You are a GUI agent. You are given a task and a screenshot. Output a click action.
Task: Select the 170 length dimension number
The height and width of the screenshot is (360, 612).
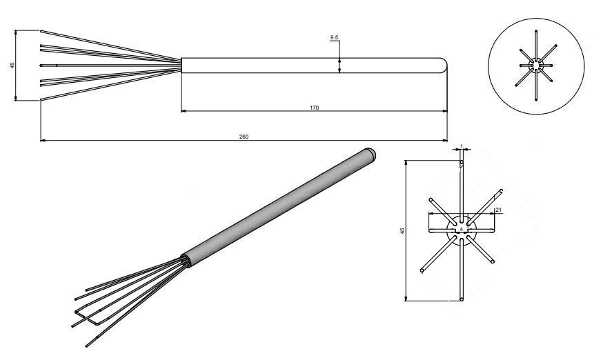(314, 108)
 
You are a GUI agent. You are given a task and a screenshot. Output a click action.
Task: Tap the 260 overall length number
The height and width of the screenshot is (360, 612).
(244, 137)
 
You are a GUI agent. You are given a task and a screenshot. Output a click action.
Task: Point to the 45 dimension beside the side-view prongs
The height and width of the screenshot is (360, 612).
(12, 66)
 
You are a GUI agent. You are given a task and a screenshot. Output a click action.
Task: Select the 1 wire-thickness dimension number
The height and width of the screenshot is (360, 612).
(461, 146)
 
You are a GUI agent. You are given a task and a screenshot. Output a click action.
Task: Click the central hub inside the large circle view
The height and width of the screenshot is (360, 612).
(536, 66)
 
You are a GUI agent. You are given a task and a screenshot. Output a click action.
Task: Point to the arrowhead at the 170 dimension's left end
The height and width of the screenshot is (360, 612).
(184, 111)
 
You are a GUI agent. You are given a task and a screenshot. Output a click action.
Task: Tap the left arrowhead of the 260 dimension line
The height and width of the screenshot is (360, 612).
(43, 141)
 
